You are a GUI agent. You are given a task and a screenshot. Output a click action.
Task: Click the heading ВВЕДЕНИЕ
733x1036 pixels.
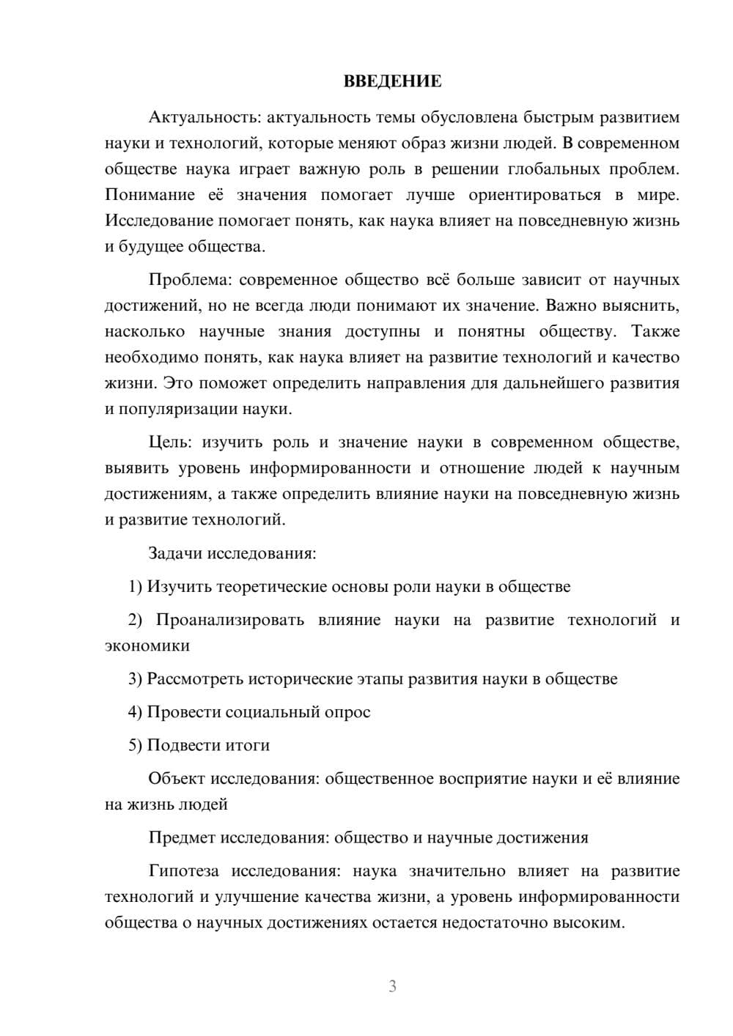[x=392, y=81]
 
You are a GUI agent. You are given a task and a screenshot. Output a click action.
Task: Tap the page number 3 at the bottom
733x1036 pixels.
[x=392, y=986]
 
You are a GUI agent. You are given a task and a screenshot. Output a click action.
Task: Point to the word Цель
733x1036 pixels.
[x=169, y=443]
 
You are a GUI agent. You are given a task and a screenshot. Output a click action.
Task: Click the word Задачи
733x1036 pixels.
[x=175, y=553]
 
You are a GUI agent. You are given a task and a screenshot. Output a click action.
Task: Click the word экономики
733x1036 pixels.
[x=147, y=645]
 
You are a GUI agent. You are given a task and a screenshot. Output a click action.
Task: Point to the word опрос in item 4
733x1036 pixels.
[x=347, y=712]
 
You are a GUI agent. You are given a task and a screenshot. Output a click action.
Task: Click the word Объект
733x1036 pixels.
[x=177, y=778]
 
